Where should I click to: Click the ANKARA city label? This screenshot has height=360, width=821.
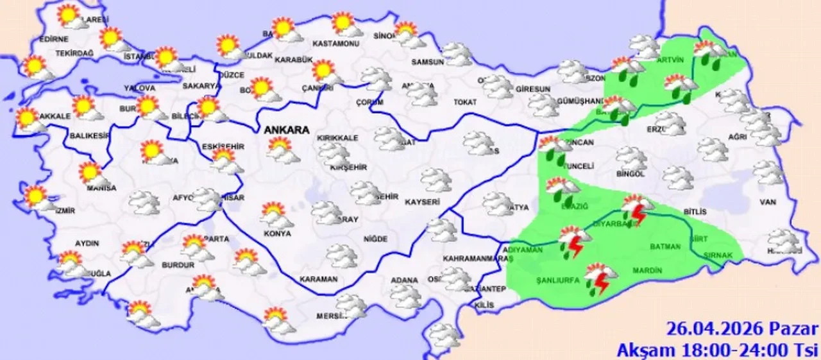click(286, 129)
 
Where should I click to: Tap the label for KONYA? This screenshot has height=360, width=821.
click(276, 234)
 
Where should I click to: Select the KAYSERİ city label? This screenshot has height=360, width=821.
click(422, 201)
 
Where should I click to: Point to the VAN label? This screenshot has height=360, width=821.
click(768, 202)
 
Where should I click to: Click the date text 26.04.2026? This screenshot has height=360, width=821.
click(713, 330)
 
